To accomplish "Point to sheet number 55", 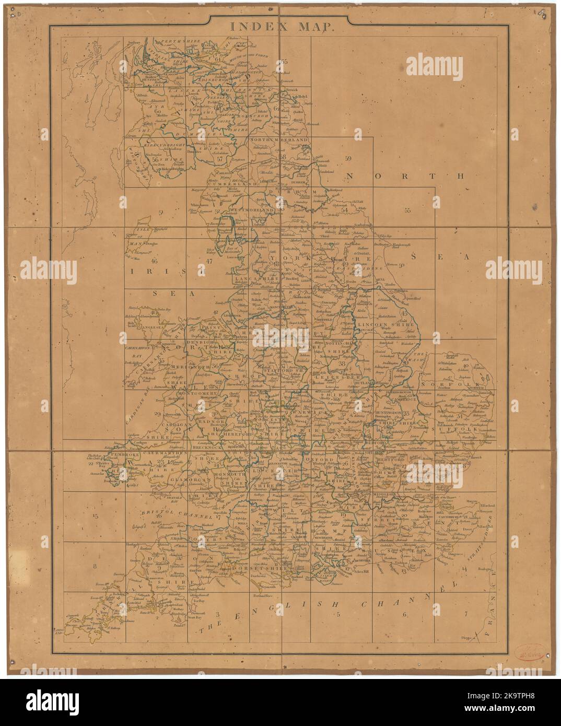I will pos(407,210).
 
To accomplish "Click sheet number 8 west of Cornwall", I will pos(96,566).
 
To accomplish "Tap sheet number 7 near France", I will pos(465,614).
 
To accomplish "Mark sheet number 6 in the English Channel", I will pos(404,614).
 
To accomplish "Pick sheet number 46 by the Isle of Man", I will pos(154,261).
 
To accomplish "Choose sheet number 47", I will pos(208,261).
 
